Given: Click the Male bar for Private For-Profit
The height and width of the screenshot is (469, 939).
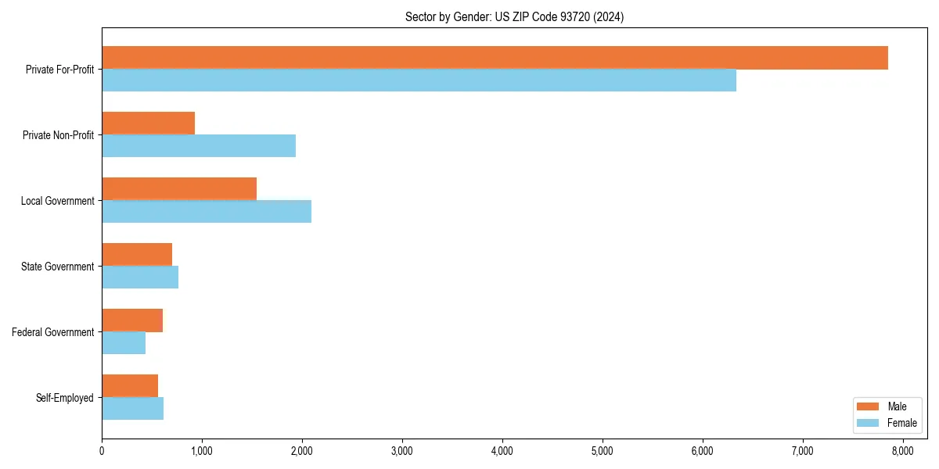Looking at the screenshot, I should (x=495, y=58).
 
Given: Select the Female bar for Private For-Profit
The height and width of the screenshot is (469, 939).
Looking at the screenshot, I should (x=419, y=81).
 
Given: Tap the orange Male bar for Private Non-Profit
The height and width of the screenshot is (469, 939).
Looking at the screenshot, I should (x=148, y=124).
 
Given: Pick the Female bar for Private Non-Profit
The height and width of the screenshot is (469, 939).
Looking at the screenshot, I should (x=199, y=146).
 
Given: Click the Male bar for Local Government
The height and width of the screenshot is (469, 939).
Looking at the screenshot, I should (x=179, y=189).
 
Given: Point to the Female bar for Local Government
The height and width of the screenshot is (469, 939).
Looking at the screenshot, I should (x=207, y=212).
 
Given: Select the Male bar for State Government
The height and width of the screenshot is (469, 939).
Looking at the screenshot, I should (x=137, y=255).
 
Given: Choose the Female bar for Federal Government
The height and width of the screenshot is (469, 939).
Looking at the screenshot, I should (x=124, y=343).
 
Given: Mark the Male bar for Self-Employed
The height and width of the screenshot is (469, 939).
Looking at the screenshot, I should (x=130, y=386).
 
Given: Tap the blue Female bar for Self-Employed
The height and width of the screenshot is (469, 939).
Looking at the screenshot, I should (x=132, y=409).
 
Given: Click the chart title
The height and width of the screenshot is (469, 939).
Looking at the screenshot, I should (x=514, y=16).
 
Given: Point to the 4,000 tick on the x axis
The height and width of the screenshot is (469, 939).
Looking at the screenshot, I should (x=502, y=450).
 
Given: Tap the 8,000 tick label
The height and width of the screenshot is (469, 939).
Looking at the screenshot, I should (x=903, y=450).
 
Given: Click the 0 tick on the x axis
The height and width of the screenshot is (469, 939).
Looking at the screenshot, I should (x=102, y=450).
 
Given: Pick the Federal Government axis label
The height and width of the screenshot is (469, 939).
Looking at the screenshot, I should (x=53, y=332).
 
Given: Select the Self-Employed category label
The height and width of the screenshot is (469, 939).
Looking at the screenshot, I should (x=65, y=398).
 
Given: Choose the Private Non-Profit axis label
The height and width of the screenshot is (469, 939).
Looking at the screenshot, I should (x=58, y=135).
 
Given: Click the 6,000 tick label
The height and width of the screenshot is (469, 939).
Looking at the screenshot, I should (x=703, y=450).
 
